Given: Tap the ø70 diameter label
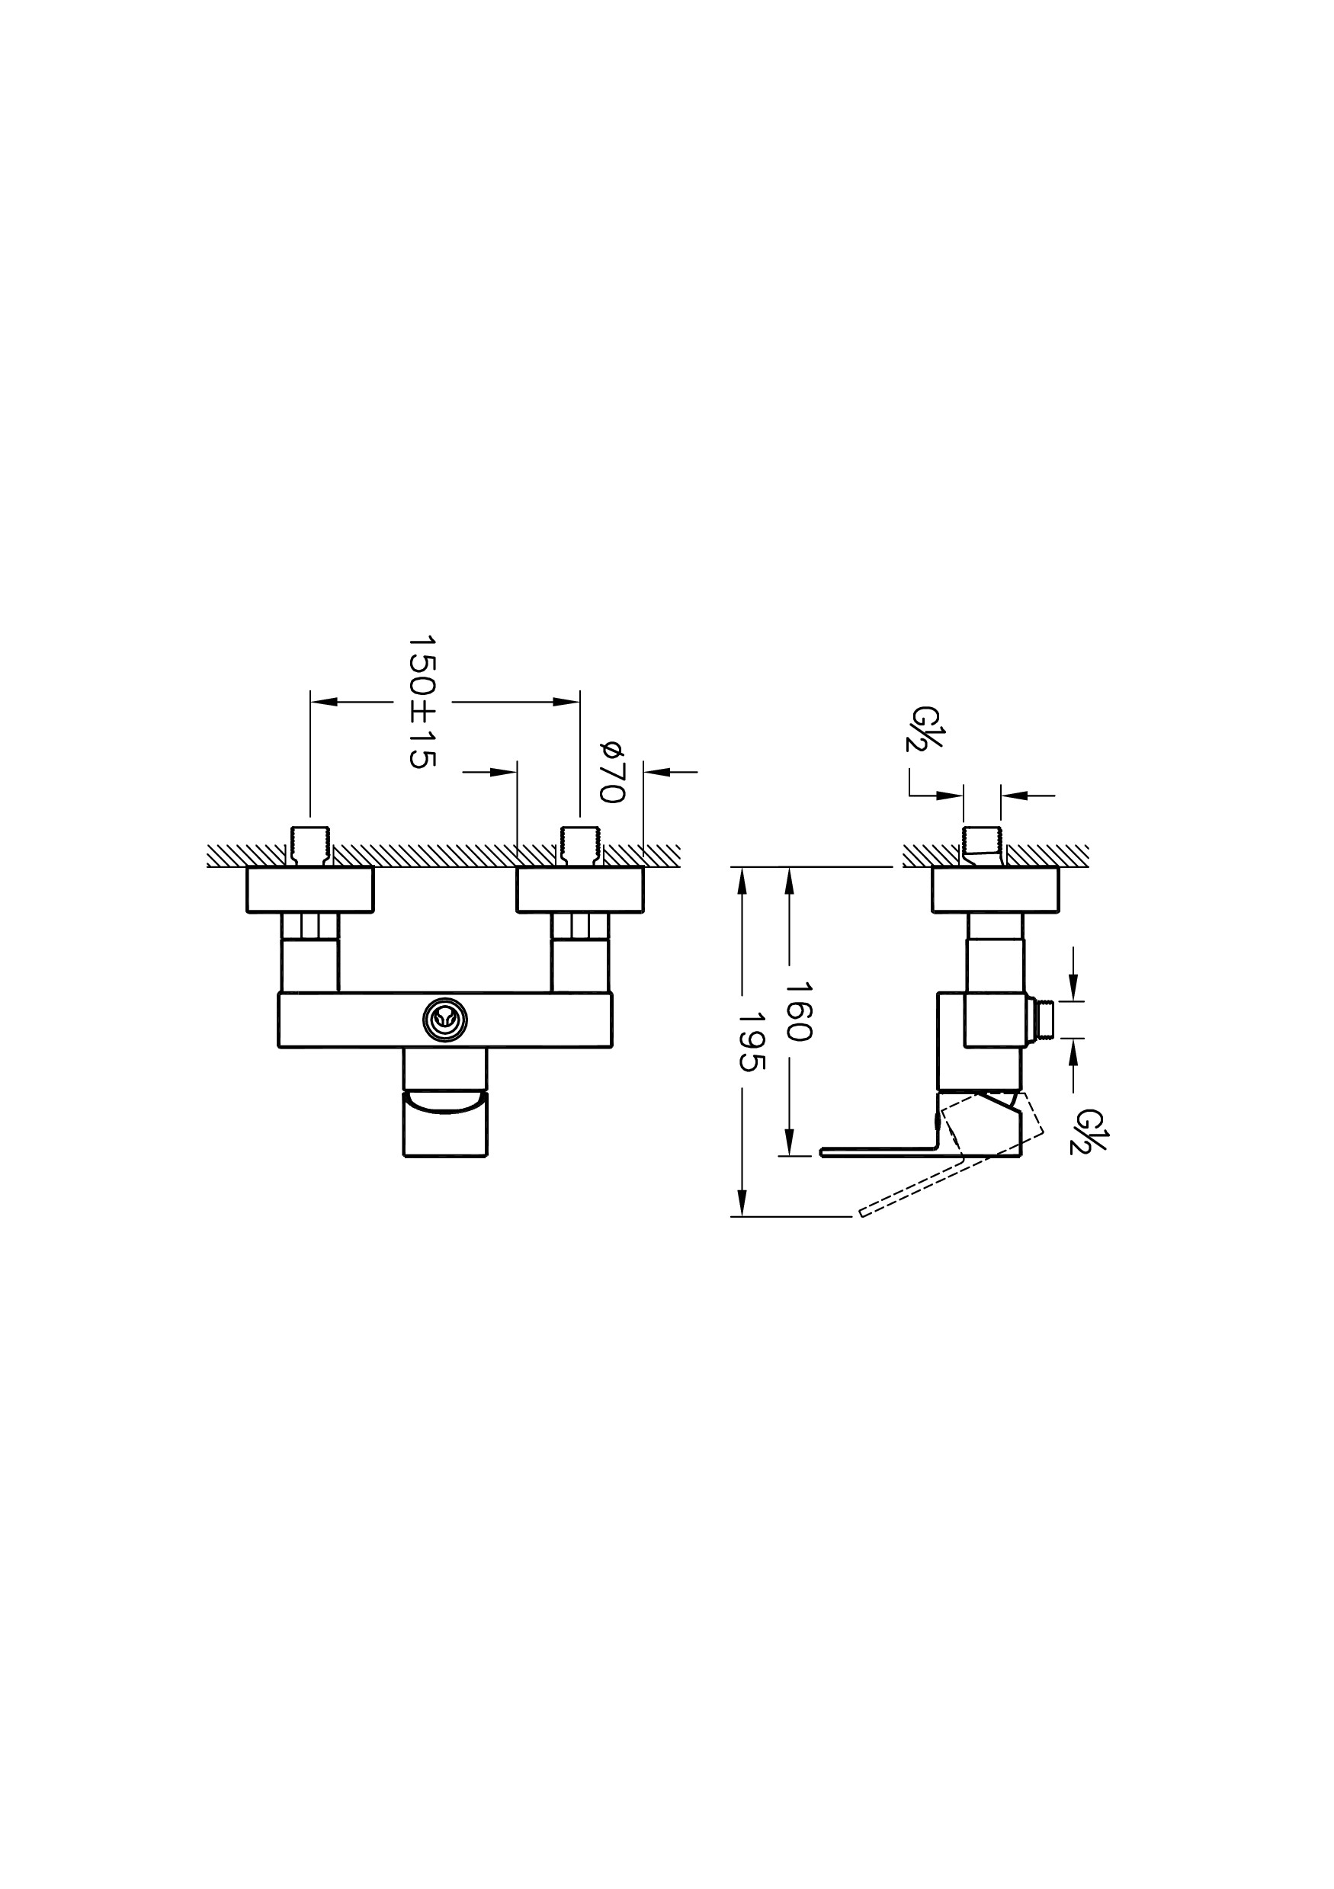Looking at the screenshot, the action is point(613,772).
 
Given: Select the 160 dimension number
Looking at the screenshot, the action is point(798,1011).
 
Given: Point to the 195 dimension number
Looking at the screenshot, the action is point(752,1042).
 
